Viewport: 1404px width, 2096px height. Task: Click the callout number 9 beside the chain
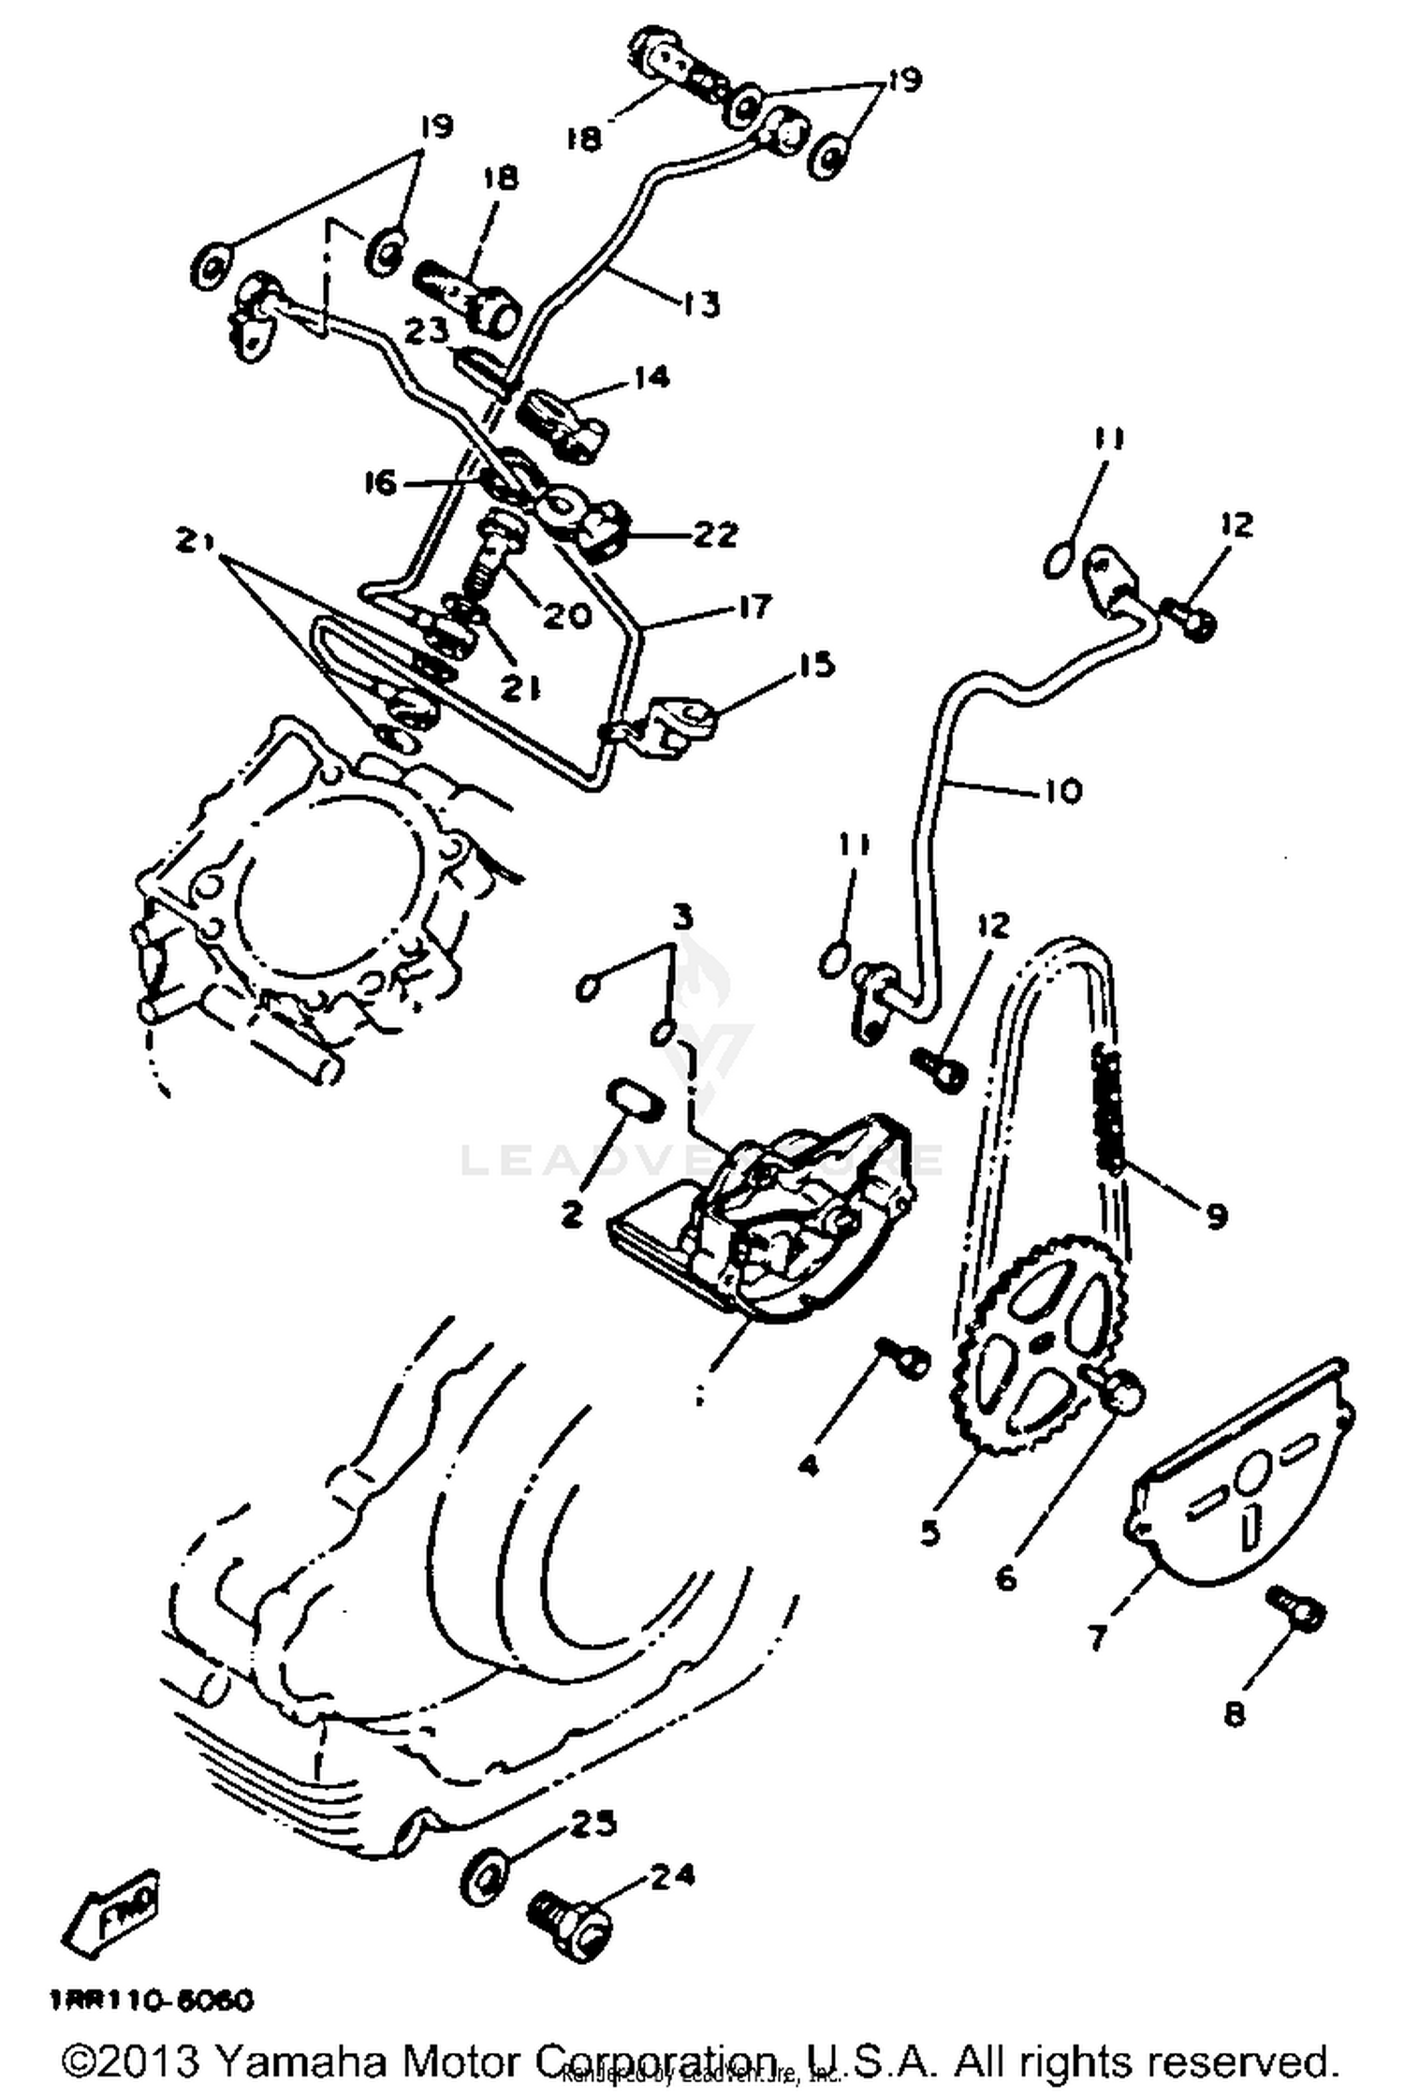pos(1215,1216)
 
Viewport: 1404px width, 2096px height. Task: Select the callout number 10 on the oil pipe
pos(1060,791)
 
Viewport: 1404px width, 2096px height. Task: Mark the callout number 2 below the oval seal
pos(571,1214)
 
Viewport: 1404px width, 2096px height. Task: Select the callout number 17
pos(754,606)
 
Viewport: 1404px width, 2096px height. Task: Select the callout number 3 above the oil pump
pos(683,917)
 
